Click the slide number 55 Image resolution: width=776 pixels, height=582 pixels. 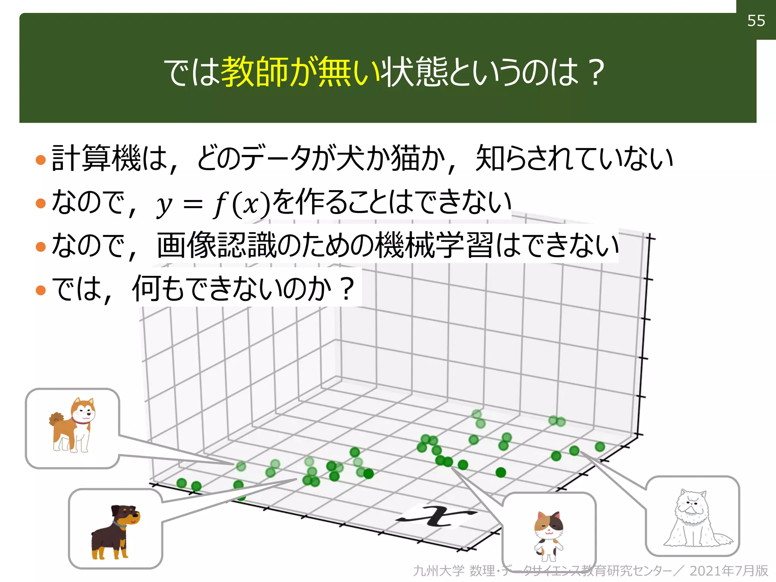click(x=756, y=21)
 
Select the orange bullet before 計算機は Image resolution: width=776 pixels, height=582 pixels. click(x=41, y=160)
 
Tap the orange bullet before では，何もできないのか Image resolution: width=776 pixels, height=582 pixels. click(x=41, y=291)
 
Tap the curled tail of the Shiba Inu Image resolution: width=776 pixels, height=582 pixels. click(x=56, y=418)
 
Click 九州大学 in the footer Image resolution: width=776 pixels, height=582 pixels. click(x=438, y=571)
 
